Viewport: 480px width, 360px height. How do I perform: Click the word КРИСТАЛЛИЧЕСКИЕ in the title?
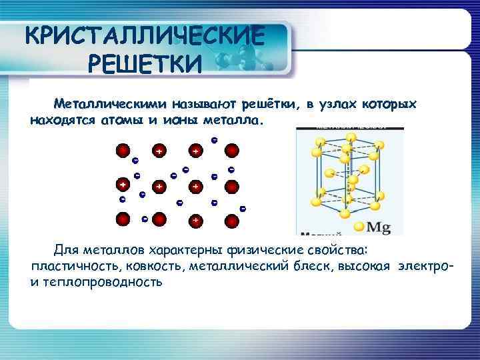point(144,34)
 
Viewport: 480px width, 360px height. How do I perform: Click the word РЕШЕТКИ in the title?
point(143,65)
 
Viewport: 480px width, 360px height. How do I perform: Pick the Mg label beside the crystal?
point(379,227)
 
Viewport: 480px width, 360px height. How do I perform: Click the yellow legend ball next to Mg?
point(359,227)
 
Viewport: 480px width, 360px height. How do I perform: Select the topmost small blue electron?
point(214,139)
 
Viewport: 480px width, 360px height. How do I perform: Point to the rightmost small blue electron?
point(243,209)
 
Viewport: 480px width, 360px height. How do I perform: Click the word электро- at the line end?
point(427,266)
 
